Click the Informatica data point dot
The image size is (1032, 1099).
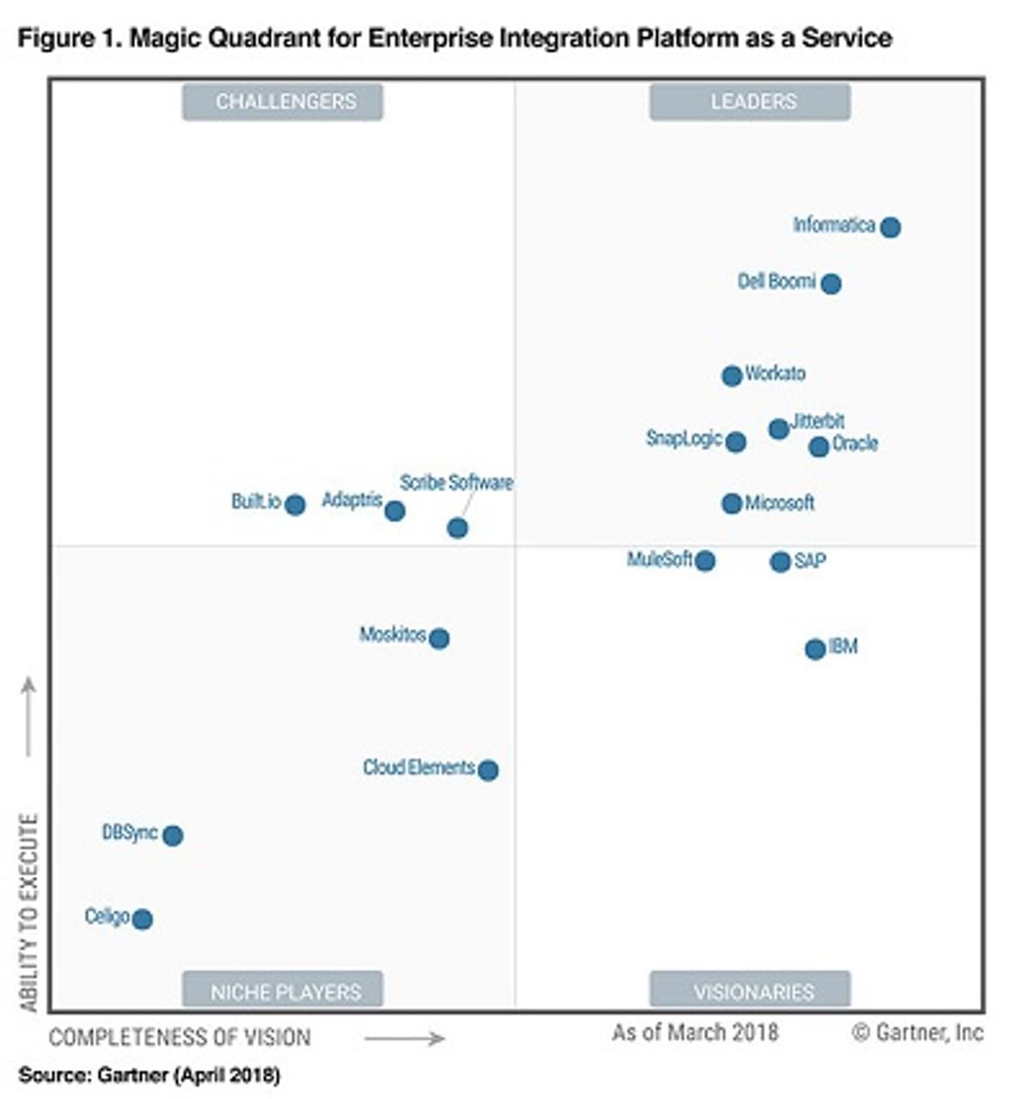tap(890, 227)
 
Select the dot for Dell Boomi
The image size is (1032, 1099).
tap(830, 283)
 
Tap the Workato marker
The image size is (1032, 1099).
tap(731, 375)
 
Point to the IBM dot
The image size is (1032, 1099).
tap(814, 649)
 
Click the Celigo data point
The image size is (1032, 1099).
tap(143, 919)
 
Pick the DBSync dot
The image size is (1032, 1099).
tap(173, 835)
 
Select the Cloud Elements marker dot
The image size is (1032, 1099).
tap(488, 770)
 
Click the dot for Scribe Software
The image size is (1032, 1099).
tap(458, 528)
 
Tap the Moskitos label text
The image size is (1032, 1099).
tap(392, 635)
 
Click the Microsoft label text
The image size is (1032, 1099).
tap(779, 503)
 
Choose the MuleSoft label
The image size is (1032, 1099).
tap(660, 560)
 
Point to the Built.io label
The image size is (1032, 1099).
tap(256, 501)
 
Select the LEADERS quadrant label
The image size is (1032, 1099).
tap(753, 101)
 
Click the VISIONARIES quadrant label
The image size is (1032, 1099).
tap(753, 992)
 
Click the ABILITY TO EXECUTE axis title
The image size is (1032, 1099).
tap(29, 912)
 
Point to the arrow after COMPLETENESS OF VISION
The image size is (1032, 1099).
tap(403, 1039)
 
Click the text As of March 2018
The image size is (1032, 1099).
tap(695, 1032)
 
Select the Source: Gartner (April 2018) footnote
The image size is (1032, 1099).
tap(149, 1075)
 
